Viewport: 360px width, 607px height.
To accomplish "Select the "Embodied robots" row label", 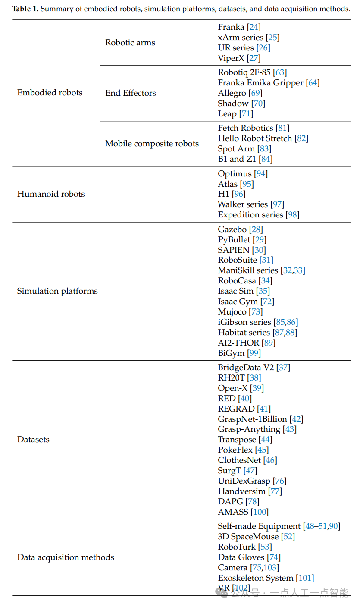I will [x=50, y=93].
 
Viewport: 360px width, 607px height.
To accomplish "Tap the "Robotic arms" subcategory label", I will [x=130, y=43].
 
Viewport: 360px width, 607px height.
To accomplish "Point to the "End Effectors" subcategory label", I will [x=131, y=93].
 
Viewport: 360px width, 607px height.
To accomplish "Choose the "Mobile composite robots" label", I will [x=152, y=144].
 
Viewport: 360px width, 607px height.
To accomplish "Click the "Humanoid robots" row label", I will [x=51, y=194].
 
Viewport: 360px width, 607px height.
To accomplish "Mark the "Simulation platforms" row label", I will [x=57, y=291].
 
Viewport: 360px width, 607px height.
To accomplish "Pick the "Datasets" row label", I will [x=33, y=440].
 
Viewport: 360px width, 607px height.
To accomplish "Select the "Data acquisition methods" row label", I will [x=66, y=557].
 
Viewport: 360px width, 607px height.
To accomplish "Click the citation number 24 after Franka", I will [x=254, y=27].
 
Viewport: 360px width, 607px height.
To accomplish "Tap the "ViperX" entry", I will [x=231, y=58].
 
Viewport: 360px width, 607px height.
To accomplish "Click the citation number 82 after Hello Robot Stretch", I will [x=301, y=138].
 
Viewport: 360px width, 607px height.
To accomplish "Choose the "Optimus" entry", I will [x=235, y=174].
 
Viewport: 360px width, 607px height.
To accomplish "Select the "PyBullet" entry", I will [x=234, y=239].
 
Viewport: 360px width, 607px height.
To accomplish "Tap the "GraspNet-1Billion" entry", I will [x=252, y=419].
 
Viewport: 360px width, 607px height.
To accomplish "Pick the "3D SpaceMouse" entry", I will [x=248, y=537].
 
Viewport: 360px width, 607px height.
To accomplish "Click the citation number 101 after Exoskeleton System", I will [x=305, y=578].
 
